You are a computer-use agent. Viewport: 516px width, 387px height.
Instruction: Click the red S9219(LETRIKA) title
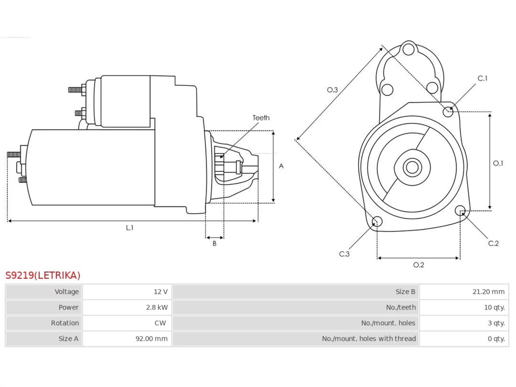pyautogui.click(x=43, y=275)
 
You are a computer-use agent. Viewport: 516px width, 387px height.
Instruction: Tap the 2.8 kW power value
pyautogui.click(x=157, y=307)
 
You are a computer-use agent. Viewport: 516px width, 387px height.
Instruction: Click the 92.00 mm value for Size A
pyautogui.click(x=152, y=339)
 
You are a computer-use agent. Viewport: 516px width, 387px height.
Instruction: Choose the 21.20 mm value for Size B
pyautogui.click(x=489, y=291)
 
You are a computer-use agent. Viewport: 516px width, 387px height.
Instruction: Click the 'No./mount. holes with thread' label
pyautogui.click(x=369, y=339)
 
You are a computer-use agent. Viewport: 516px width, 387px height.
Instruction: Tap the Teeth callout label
pyautogui.click(x=261, y=118)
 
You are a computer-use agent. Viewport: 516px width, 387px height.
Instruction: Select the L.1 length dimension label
pyautogui.click(x=130, y=228)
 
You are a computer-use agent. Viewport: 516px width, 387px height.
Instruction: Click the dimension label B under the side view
pyautogui.click(x=214, y=243)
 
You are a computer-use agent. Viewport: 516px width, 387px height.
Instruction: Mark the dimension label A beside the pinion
pyautogui.click(x=281, y=166)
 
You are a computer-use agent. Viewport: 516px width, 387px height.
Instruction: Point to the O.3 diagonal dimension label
pyautogui.click(x=333, y=90)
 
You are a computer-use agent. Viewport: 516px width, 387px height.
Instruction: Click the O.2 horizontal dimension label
pyautogui.click(x=419, y=265)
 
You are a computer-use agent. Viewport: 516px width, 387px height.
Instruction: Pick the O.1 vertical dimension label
pyautogui.click(x=498, y=163)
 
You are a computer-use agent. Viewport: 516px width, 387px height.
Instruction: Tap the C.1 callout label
pyautogui.click(x=483, y=79)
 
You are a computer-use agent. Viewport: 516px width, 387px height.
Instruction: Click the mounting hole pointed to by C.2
pyautogui.click(x=460, y=210)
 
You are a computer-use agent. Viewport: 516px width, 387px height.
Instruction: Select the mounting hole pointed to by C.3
pyautogui.click(x=377, y=221)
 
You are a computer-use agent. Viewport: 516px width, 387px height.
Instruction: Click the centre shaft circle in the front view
pyautogui.click(x=412, y=168)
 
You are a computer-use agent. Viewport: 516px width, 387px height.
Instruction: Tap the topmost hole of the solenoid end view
pyautogui.click(x=409, y=50)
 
